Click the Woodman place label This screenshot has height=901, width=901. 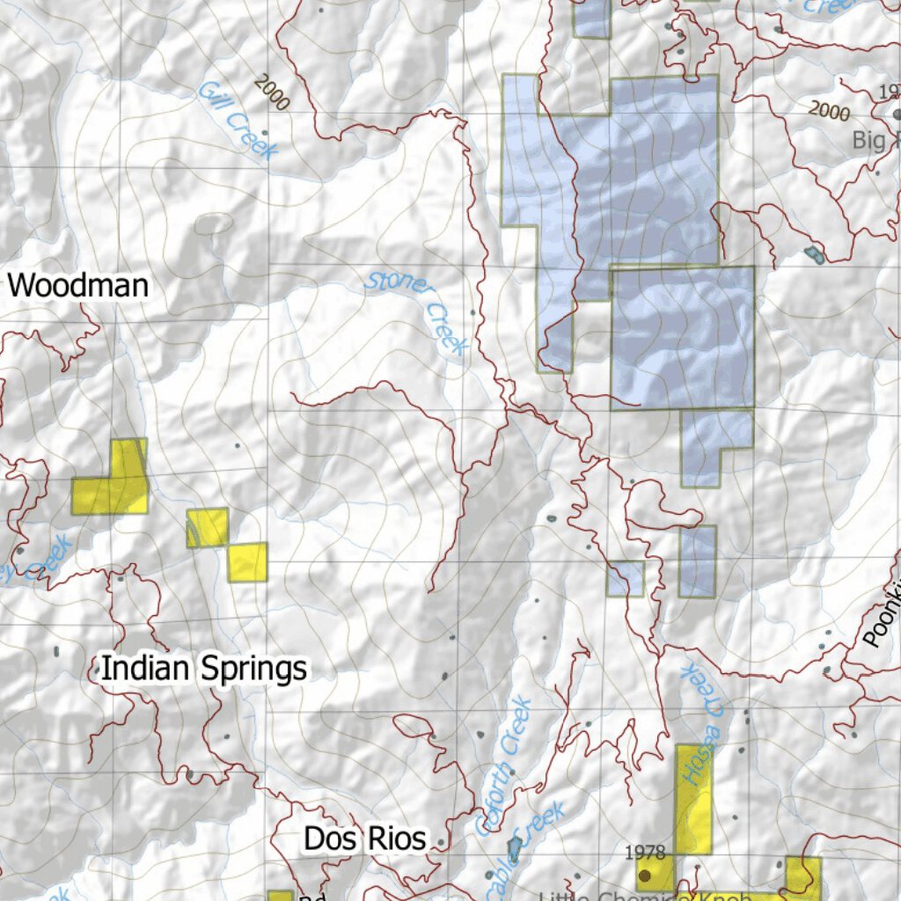pos(78,286)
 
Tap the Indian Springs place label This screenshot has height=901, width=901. pos(204,669)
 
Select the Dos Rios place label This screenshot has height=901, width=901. pos(364,839)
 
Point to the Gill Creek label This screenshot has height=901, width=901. pos(232,120)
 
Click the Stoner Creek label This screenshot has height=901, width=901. pos(417,311)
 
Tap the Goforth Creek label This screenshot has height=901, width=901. pos(504,765)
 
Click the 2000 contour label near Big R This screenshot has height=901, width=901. pos(829,111)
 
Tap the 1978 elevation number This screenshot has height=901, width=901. pos(645,852)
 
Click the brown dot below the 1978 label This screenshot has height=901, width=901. pos(645,875)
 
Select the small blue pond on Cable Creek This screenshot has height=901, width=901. pos(514,849)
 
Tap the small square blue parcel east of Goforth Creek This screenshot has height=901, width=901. pos(625,578)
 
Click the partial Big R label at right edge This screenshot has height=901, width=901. pos(876,140)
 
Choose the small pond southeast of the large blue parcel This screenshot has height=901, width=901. pos(812,255)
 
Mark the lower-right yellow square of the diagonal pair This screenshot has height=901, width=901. pos(247,561)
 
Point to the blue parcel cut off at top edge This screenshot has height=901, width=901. pos(591,18)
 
